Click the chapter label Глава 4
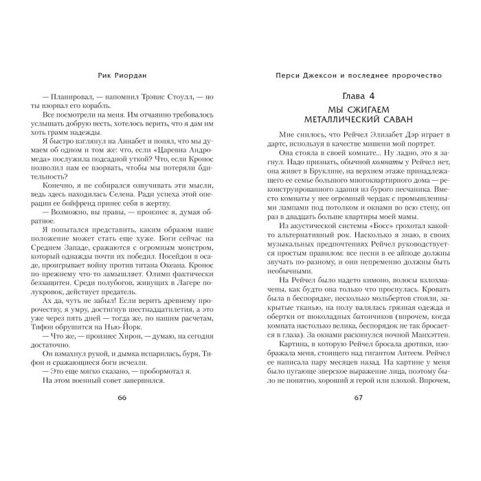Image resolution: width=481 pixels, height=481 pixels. pos(357,94)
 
